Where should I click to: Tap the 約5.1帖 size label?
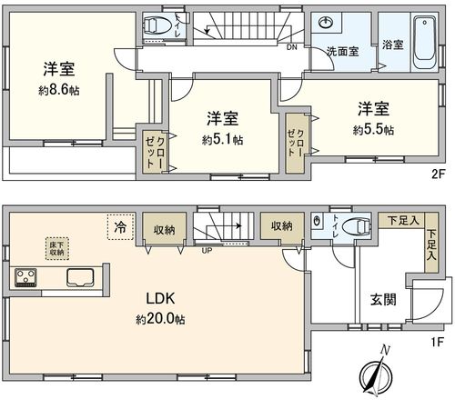click(224, 140)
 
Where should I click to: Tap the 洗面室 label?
click(342, 51)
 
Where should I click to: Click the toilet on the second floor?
click(160, 26)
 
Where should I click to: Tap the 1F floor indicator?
click(439, 343)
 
